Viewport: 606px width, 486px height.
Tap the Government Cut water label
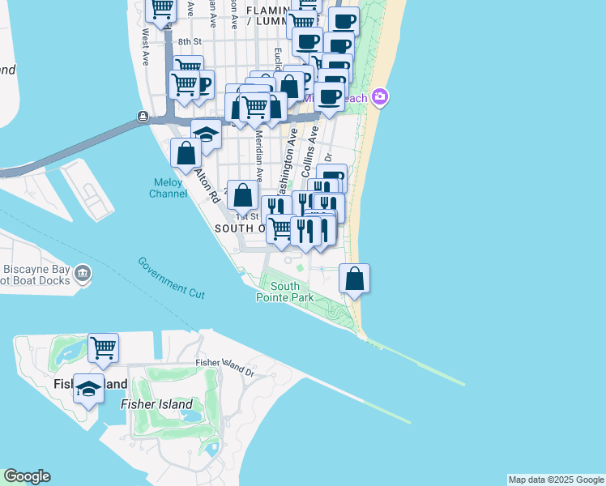click(x=171, y=276)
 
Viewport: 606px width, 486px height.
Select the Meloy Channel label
click(x=169, y=188)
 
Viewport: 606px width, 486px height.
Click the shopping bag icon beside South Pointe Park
click(x=355, y=279)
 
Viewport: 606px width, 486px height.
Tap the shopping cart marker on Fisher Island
click(x=104, y=348)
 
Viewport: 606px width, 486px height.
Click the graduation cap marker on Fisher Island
click(x=88, y=388)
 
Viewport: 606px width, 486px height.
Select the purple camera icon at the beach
click(x=381, y=98)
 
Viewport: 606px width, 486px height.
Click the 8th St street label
click(x=189, y=41)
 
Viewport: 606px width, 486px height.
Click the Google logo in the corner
click(x=27, y=476)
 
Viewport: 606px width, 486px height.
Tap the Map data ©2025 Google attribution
click(x=556, y=480)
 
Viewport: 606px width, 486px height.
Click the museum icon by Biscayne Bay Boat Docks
click(x=82, y=274)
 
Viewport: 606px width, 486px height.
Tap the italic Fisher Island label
click(x=156, y=404)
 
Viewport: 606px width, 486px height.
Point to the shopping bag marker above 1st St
click(x=243, y=195)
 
